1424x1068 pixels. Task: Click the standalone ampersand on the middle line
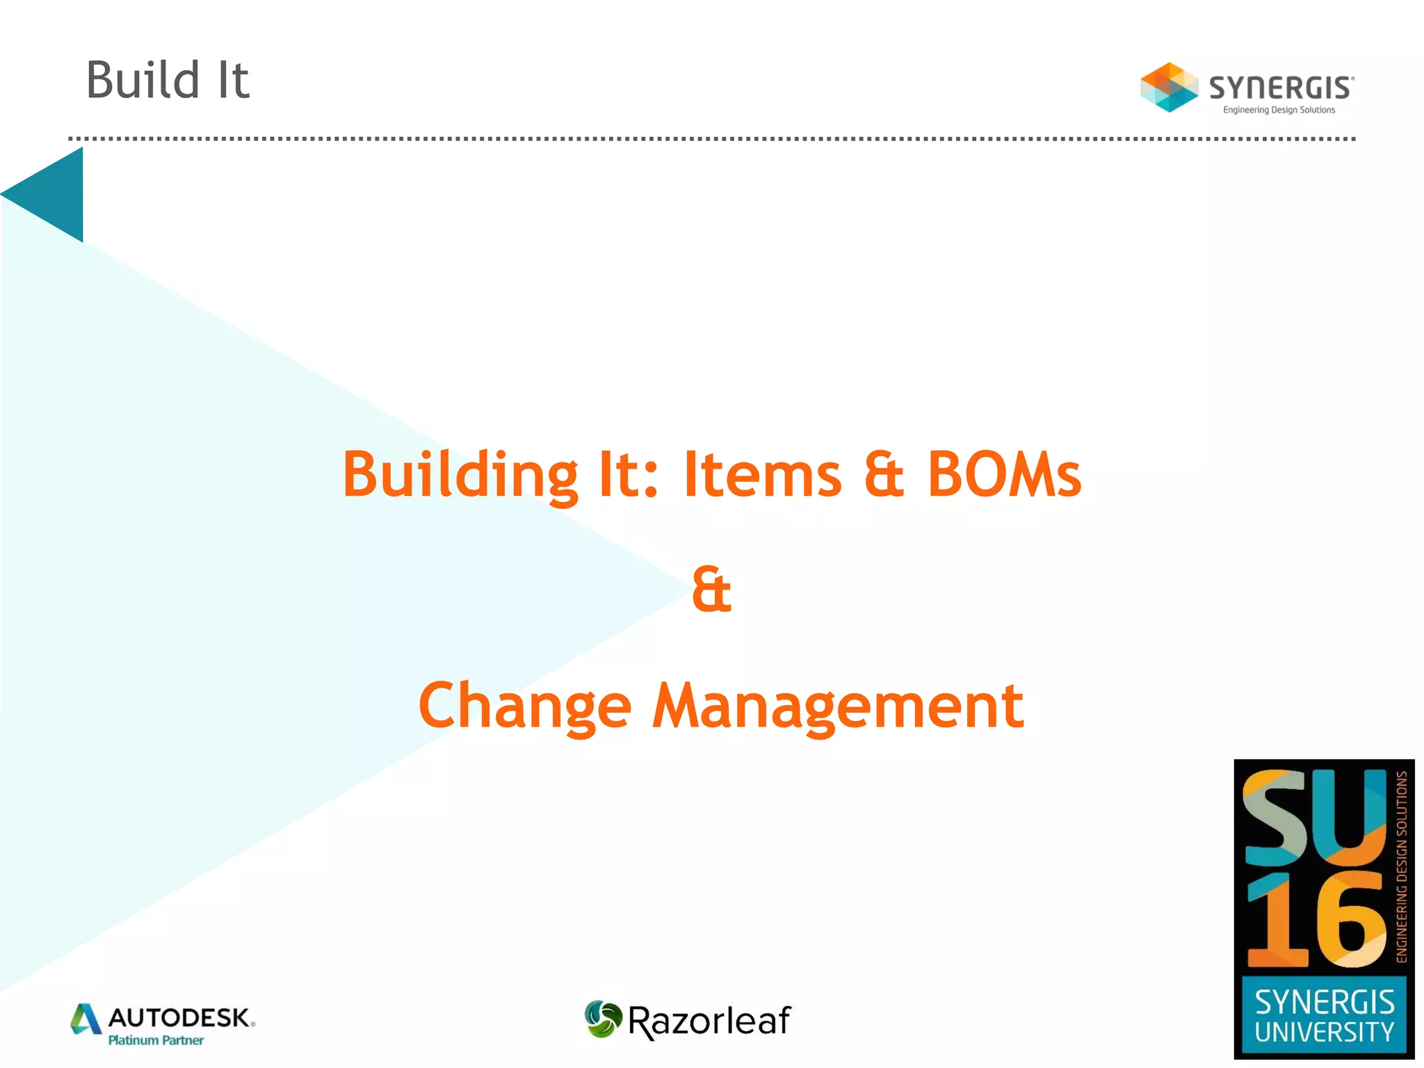[711, 590]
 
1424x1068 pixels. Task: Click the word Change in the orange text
[525, 706]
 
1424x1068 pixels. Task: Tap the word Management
[838, 706]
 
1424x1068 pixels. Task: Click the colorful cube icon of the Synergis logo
[1169, 88]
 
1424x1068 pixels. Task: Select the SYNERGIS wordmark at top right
[1281, 88]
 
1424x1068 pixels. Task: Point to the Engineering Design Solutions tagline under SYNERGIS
[1279, 110]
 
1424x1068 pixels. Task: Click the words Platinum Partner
[156, 1040]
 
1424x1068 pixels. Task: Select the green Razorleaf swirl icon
[602, 1019]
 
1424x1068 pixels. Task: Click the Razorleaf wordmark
[709, 1021]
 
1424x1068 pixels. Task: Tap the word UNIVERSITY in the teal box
[1324, 1032]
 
